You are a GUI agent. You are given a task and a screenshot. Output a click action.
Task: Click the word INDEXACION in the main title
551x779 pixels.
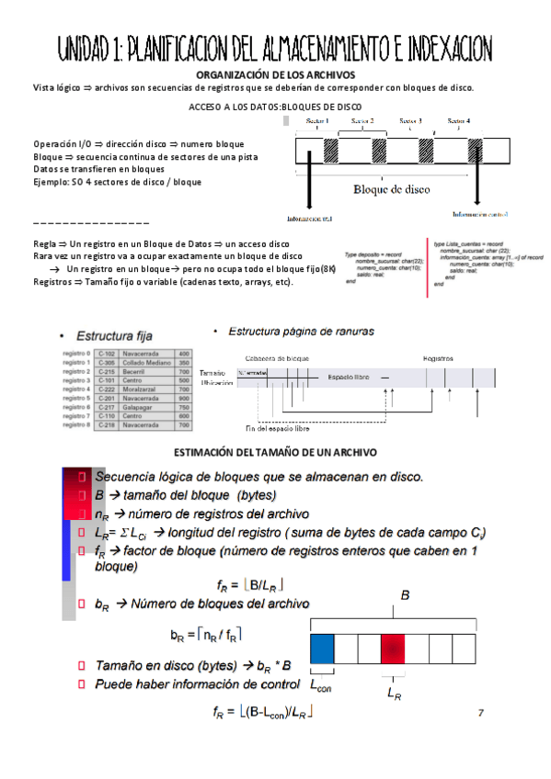tap(431, 48)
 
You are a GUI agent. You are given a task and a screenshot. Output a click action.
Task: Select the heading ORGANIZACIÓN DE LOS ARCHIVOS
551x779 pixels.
tap(276, 74)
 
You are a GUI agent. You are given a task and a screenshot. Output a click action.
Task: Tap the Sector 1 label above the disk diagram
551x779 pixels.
tap(317, 121)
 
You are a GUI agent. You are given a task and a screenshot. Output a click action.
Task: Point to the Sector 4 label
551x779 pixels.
tap(458, 121)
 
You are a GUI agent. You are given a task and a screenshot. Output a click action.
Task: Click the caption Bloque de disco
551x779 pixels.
tap(391, 190)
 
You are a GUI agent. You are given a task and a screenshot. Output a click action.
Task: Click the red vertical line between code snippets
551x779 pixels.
tap(426, 267)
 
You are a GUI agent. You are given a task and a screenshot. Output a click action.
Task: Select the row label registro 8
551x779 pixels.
tap(75, 426)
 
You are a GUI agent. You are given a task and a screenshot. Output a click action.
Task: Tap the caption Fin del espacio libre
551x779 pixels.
tap(277, 428)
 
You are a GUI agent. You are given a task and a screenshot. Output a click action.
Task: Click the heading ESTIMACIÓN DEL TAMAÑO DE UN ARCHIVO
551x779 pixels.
tap(276, 454)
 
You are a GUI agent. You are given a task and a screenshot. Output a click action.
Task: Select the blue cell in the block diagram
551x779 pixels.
tap(322, 649)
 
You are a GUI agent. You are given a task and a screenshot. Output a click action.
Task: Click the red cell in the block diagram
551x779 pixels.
tap(393, 649)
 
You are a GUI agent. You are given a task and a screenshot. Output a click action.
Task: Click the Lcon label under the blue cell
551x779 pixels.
tap(320, 685)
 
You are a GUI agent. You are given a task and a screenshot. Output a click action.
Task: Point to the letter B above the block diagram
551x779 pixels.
tap(404, 596)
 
